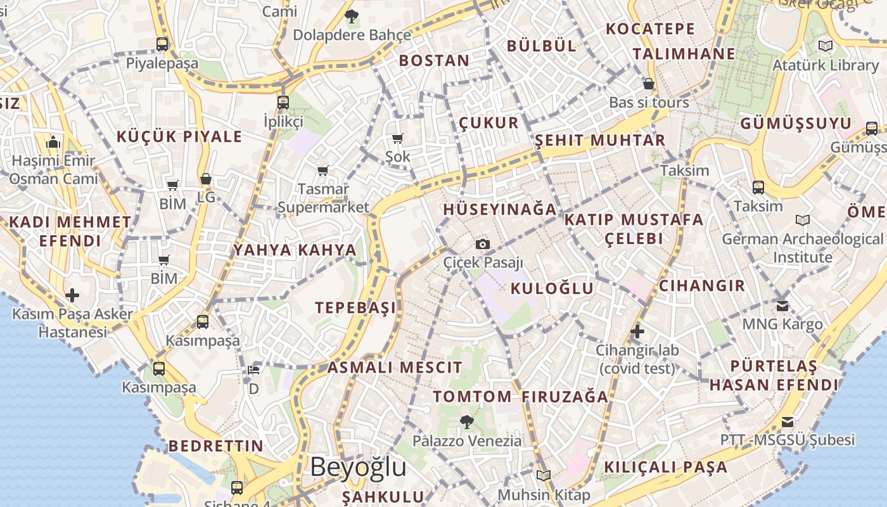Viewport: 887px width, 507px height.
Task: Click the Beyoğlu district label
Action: tap(358, 467)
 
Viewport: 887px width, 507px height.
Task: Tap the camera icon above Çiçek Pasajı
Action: tap(483, 244)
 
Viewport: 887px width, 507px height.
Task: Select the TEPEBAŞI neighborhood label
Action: tap(355, 308)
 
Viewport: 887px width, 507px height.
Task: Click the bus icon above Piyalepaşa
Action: tap(162, 44)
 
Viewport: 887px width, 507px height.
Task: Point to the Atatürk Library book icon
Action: tap(825, 46)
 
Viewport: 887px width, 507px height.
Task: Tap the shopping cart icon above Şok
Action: tap(397, 138)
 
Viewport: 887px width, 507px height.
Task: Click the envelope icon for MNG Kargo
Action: tap(782, 305)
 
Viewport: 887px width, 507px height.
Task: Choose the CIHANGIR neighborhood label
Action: tap(702, 286)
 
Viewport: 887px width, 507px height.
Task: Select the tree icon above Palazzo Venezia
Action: tap(467, 421)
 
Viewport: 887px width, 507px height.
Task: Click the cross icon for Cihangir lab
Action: tap(637, 331)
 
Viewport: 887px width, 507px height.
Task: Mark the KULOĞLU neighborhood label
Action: tap(552, 289)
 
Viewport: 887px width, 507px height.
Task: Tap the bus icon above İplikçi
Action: tap(283, 102)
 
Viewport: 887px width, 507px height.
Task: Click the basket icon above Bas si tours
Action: tap(649, 84)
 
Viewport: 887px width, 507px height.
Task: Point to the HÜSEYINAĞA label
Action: tap(500, 210)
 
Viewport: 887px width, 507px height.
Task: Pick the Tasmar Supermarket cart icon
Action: tap(323, 170)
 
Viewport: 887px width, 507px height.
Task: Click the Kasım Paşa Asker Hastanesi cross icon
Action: tap(72, 295)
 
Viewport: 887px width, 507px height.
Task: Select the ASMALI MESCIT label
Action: tap(395, 368)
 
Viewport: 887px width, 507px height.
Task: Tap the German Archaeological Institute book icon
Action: tap(803, 221)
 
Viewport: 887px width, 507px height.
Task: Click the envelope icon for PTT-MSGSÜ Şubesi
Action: tap(787, 421)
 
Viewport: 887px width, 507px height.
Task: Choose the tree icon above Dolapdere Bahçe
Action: tap(351, 16)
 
